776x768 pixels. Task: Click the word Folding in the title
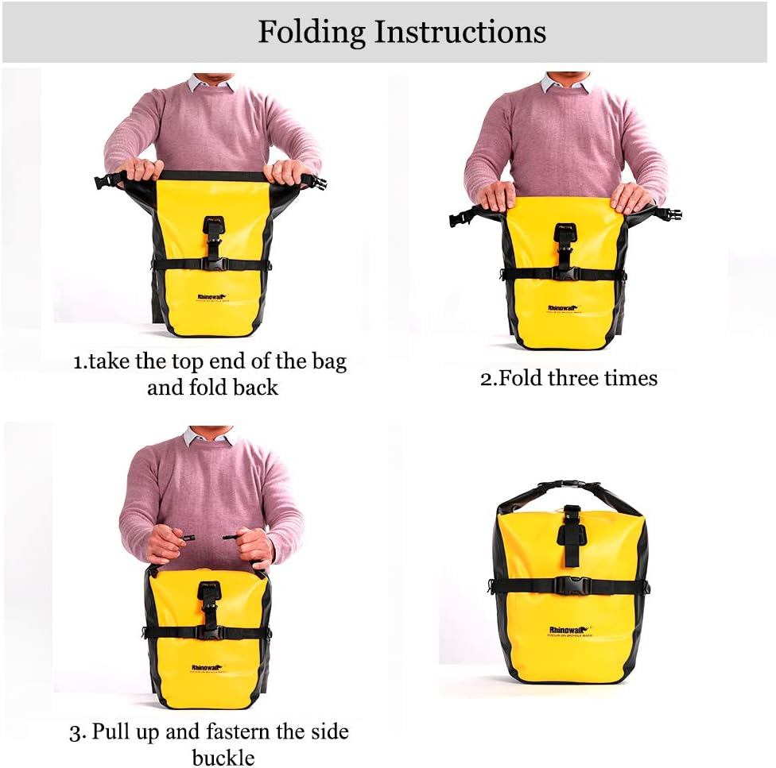click(312, 33)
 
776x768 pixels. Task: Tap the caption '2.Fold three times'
click(568, 378)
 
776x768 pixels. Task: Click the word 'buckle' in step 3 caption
click(223, 757)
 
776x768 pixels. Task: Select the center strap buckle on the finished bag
click(569, 587)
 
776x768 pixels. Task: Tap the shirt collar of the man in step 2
click(566, 83)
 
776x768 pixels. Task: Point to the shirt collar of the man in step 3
click(209, 436)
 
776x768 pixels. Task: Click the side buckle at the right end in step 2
click(671, 214)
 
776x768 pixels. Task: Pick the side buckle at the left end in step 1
click(102, 179)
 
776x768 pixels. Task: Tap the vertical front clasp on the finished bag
click(570, 527)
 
